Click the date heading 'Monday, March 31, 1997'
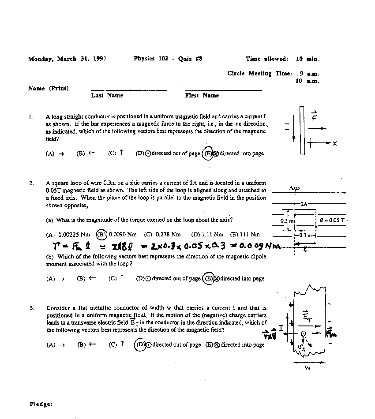[67, 59]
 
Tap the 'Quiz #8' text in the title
[190, 59]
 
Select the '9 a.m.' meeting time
[309, 74]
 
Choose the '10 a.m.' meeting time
[307, 81]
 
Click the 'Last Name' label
[107, 95]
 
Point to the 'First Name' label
[202, 95]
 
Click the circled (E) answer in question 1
[207, 153]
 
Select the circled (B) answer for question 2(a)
[101, 234]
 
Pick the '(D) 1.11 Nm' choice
[207, 234]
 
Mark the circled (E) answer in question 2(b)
[208, 278]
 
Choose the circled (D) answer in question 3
[140, 344]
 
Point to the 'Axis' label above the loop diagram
[294, 188]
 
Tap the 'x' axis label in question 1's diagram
[335, 143]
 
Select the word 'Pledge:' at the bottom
[41, 404]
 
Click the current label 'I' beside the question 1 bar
[287, 127]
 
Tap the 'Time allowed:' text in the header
[267, 59]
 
